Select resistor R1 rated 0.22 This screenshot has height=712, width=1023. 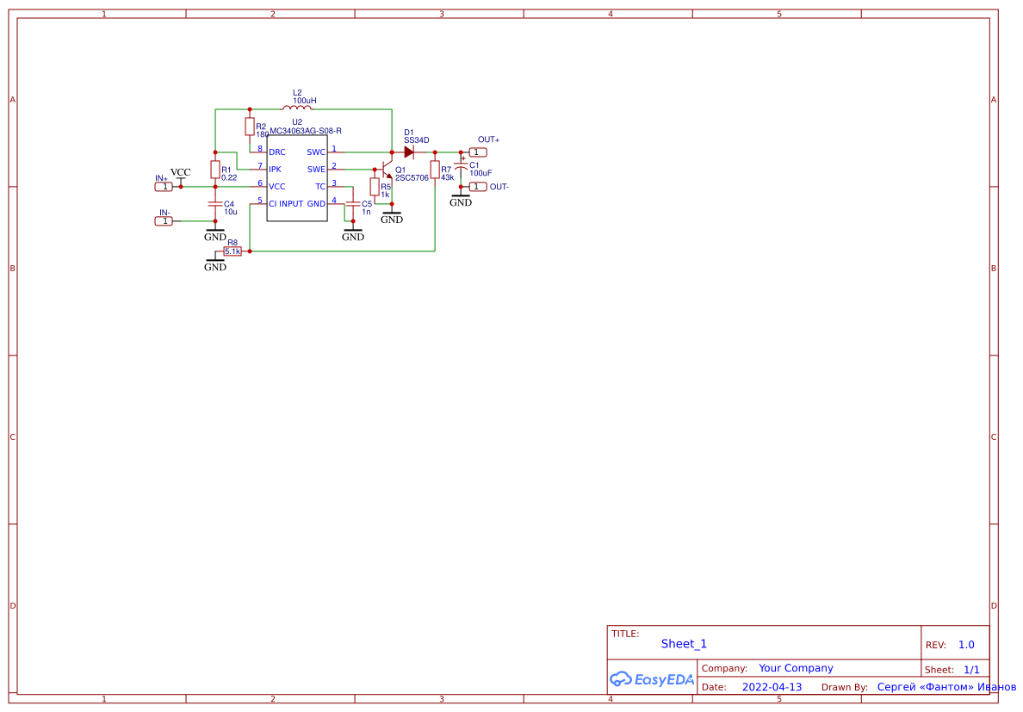(214, 169)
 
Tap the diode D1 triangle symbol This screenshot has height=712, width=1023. (409, 152)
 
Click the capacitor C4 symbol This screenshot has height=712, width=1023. (214, 204)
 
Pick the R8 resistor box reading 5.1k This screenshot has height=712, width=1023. (232, 251)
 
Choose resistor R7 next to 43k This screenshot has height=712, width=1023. (435, 169)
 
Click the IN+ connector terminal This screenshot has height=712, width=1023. (163, 186)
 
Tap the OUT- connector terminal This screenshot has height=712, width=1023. (478, 186)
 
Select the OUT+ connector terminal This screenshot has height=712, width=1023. (478, 152)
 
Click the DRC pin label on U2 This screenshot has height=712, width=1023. (277, 152)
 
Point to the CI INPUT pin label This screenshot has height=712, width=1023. (286, 204)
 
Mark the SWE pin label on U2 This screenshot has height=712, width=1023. (316, 170)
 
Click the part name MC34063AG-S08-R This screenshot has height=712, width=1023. (306, 131)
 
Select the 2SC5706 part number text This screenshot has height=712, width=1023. (412, 178)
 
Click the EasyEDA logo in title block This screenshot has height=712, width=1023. (652, 679)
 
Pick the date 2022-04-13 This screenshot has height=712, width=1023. (772, 687)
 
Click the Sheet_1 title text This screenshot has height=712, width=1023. (684, 644)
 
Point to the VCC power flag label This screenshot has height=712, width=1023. (180, 173)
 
